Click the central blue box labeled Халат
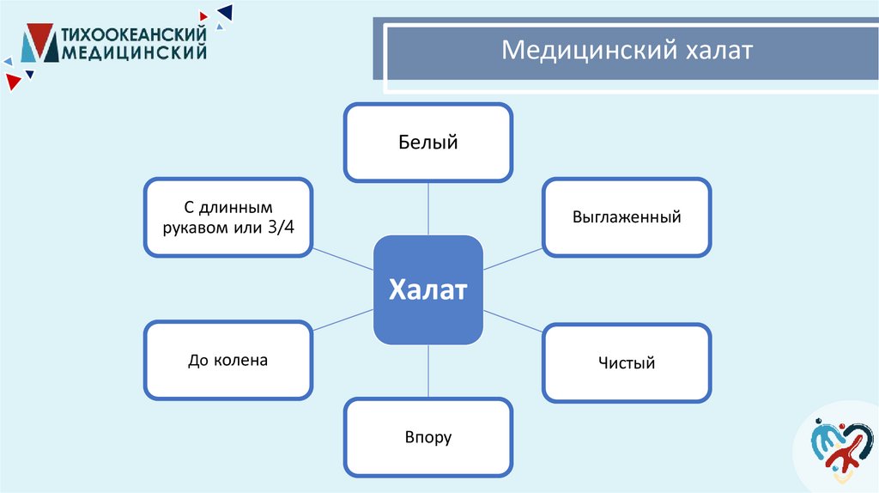428,289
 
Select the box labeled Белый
428,143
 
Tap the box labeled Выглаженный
627,216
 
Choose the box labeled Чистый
627,362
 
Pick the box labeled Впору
428,437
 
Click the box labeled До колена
227,361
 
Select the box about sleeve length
227,216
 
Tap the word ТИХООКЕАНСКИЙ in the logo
135,34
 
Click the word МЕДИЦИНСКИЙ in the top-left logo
135,53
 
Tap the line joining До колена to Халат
343,326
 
